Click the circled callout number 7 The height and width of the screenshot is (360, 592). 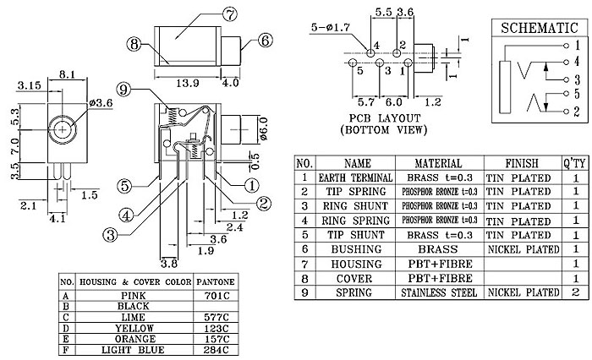pyautogui.click(x=229, y=14)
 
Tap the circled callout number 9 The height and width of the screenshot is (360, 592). pyautogui.click(x=123, y=90)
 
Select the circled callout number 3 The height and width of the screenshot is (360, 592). pyautogui.click(x=110, y=235)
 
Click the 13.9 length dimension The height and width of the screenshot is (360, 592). pyautogui.click(x=188, y=83)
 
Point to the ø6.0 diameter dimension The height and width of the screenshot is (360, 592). pyautogui.click(x=264, y=129)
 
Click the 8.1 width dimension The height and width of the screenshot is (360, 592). pyautogui.click(x=67, y=74)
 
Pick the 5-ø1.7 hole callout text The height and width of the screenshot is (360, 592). pyautogui.click(x=331, y=27)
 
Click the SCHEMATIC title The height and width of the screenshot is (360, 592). pyautogui.click(x=540, y=28)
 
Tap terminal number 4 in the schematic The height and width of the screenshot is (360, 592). pyautogui.click(x=577, y=61)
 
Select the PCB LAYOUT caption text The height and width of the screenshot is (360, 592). pyautogui.click(x=384, y=118)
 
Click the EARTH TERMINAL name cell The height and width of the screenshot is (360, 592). pyautogui.click(x=355, y=177)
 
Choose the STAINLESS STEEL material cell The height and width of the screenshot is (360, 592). pyautogui.click(x=439, y=292)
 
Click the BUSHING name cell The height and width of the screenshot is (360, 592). pyautogui.click(x=356, y=249)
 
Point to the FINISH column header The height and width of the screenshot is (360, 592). pyautogui.click(x=522, y=163)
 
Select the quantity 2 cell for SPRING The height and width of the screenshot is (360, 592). pyautogui.click(x=575, y=292)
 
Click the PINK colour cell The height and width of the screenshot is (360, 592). pyautogui.click(x=134, y=295)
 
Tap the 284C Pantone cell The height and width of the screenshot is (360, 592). pyautogui.click(x=216, y=349)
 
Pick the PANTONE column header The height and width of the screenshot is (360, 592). pyautogui.click(x=216, y=281)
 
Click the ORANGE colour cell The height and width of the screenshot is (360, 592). pyautogui.click(x=135, y=339)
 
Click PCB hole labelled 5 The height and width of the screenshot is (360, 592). pyautogui.click(x=353, y=63)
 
